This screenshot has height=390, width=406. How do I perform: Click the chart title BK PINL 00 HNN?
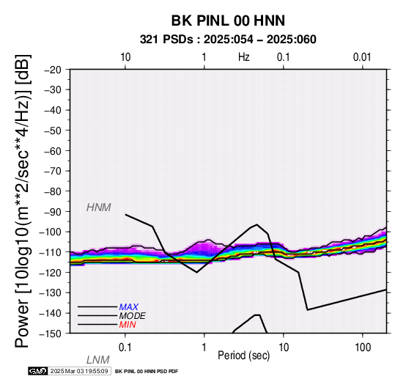[228, 21]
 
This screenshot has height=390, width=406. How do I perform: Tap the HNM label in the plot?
[99, 207]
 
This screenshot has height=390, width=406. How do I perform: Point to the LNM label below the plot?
[98, 360]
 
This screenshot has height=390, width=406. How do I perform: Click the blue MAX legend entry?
[128, 307]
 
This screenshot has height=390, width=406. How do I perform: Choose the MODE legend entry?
[132, 316]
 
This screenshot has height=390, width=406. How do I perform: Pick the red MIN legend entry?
[128, 325]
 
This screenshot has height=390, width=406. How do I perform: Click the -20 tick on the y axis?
[53, 70]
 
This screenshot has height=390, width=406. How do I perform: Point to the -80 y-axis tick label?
[53, 191]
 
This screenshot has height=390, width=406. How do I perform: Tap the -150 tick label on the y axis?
[51, 334]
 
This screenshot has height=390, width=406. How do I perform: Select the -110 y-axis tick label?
[51, 252]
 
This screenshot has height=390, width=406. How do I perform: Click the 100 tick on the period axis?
[363, 347]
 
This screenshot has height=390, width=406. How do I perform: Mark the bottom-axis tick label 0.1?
[125, 347]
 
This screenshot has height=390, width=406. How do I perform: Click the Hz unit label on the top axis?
[244, 57]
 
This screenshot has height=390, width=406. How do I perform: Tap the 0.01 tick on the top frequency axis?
[362, 57]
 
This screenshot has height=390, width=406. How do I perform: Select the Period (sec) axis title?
[243, 356]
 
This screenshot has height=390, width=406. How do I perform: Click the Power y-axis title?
[22, 201]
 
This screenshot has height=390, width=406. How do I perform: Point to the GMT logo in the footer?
[38, 371]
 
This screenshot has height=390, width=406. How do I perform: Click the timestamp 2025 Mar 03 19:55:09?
[79, 371]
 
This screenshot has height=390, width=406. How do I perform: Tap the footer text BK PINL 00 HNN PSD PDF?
[147, 372]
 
